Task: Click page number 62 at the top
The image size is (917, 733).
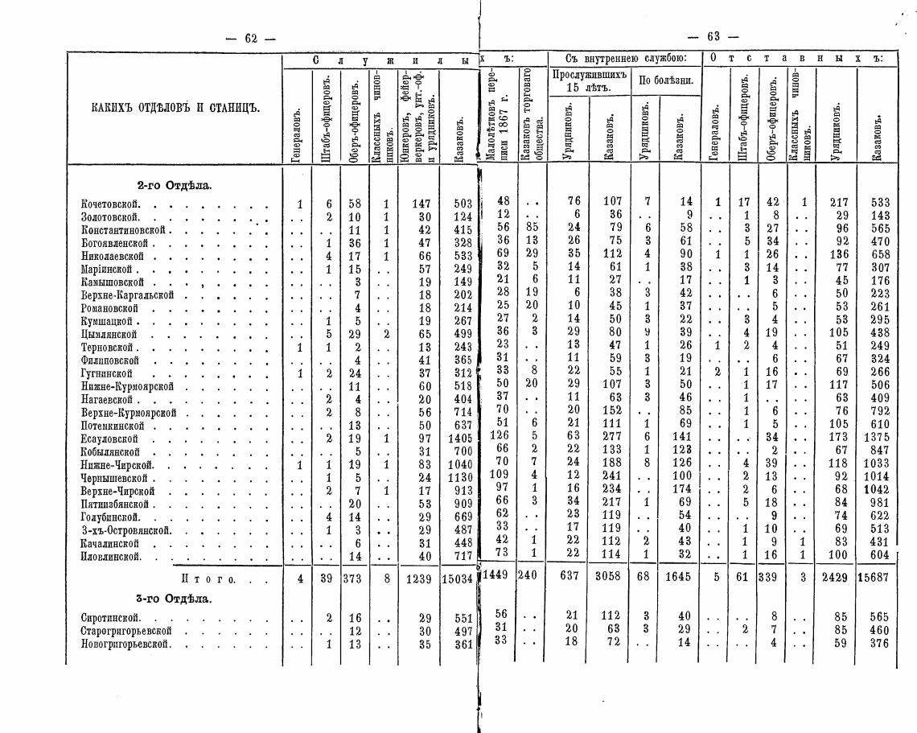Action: point(250,37)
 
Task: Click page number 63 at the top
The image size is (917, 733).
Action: point(713,37)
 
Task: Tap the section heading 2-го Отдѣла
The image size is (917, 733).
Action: point(175,186)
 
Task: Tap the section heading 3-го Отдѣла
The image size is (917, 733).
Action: point(174,599)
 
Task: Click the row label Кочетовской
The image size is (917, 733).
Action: point(111,204)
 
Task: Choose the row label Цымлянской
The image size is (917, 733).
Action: point(109,334)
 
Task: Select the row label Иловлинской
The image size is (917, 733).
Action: point(111,556)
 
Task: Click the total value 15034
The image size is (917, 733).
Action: point(458,579)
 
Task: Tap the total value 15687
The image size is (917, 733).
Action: point(874,578)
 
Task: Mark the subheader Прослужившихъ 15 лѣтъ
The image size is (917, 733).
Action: point(589,80)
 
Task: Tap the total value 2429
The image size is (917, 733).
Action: point(836,578)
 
